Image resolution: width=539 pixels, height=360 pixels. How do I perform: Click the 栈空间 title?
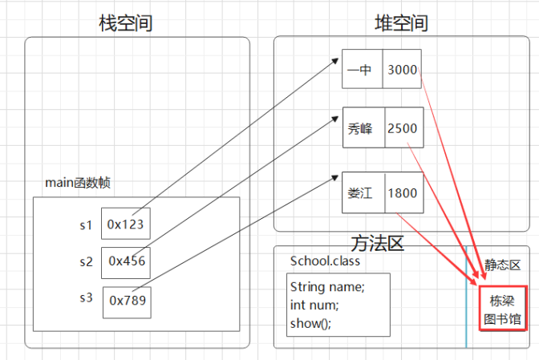[x=126, y=22]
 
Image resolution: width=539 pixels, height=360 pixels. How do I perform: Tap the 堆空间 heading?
[x=401, y=22]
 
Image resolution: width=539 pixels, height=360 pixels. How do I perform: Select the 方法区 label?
[x=377, y=241]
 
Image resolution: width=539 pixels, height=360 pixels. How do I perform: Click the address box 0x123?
[x=126, y=224]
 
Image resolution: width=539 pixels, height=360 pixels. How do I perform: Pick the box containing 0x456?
[x=126, y=261]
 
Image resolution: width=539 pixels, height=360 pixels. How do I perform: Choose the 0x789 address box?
[x=126, y=300]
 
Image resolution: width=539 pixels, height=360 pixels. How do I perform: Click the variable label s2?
[x=87, y=261]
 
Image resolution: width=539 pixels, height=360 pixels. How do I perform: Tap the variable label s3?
[x=87, y=298]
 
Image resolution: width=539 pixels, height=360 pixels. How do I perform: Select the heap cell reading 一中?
[x=362, y=70]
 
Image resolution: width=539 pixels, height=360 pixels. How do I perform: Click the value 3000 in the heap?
[x=402, y=70]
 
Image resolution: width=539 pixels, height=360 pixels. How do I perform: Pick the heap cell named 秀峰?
[x=362, y=127]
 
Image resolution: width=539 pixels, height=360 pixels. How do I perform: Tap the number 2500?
[x=402, y=127]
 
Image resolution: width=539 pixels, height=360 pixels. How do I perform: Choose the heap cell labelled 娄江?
[x=362, y=192]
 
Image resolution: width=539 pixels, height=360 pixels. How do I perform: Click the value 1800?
[x=402, y=192]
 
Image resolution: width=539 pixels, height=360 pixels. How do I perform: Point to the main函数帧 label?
[x=78, y=182]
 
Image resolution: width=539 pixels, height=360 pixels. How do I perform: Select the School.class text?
[x=325, y=261]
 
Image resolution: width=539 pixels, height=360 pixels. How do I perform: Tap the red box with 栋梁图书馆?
[x=503, y=309]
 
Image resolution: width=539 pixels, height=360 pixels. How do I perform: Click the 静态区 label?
[x=503, y=265]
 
